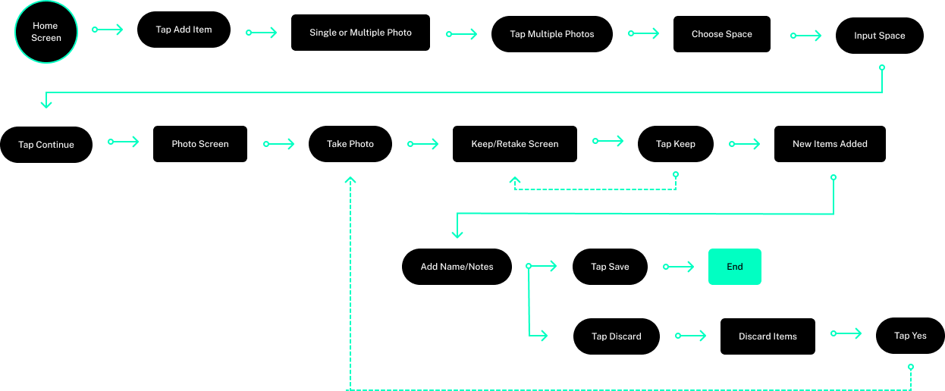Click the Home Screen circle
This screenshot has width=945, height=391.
click(x=46, y=32)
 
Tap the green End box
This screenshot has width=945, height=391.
click(x=734, y=267)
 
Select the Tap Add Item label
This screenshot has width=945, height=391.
click(x=184, y=30)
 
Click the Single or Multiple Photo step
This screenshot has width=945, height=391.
click(x=360, y=33)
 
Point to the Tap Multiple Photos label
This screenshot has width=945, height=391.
click(x=551, y=34)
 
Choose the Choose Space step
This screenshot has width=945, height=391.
click(x=721, y=34)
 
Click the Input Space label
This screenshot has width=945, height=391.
click(x=879, y=36)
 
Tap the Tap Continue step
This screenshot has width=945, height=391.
click(x=46, y=145)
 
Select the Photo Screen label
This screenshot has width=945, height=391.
click(x=199, y=144)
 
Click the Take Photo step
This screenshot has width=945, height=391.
click(x=350, y=144)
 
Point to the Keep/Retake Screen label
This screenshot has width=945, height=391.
click(x=514, y=144)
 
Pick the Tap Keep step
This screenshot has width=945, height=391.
click(x=675, y=144)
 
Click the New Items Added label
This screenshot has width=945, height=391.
click(x=830, y=144)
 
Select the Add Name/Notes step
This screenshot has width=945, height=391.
click(x=457, y=267)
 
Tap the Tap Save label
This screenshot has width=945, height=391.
click(x=610, y=267)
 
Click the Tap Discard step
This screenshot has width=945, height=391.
click(x=616, y=336)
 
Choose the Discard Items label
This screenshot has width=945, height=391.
click(x=768, y=336)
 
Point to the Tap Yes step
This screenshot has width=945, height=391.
click(x=910, y=336)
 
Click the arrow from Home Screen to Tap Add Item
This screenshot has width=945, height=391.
click(x=108, y=30)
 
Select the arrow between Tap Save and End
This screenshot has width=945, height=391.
click(x=680, y=267)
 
